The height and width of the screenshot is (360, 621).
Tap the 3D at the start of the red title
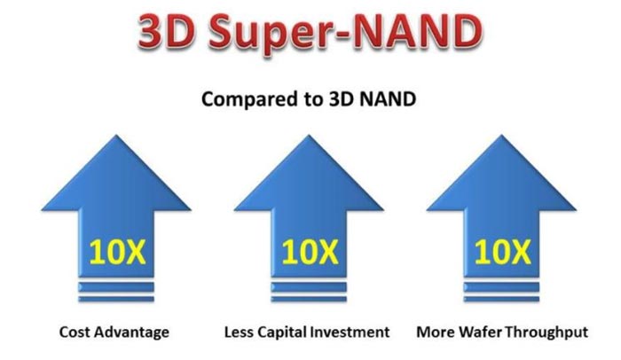167,31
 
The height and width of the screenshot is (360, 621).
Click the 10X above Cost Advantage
117,253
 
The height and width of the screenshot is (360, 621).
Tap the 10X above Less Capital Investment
310,253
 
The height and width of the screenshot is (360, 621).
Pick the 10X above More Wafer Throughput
503,253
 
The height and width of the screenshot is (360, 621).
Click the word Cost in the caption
75,332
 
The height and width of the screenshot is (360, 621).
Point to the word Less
239,332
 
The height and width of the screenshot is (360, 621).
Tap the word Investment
350,332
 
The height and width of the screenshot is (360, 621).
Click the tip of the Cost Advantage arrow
116,136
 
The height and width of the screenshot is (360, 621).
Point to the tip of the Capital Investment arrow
309,136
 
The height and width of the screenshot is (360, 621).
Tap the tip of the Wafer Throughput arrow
501,136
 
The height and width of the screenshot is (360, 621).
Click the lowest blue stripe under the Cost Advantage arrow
116,299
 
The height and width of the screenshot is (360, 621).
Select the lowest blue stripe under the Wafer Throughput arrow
501,299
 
